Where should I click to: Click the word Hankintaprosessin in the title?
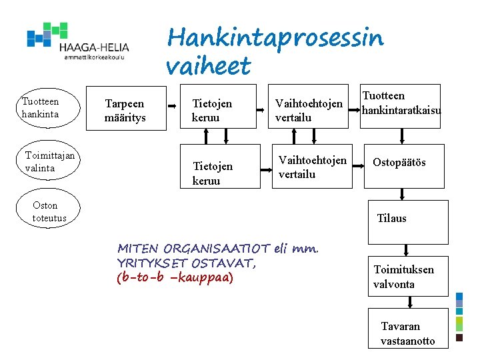pyautogui.click(x=275, y=38)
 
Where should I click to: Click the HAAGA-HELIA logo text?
pyautogui.click(x=93, y=47)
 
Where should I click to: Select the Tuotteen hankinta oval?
pyautogui.click(x=41, y=107)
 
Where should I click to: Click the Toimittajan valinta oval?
pyautogui.click(x=49, y=162)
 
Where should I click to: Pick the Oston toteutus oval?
pyautogui.click(x=49, y=211)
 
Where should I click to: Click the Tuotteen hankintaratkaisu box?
pyautogui.click(x=401, y=105)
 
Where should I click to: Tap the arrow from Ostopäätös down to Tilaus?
pyautogui.click(x=401, y=194)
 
